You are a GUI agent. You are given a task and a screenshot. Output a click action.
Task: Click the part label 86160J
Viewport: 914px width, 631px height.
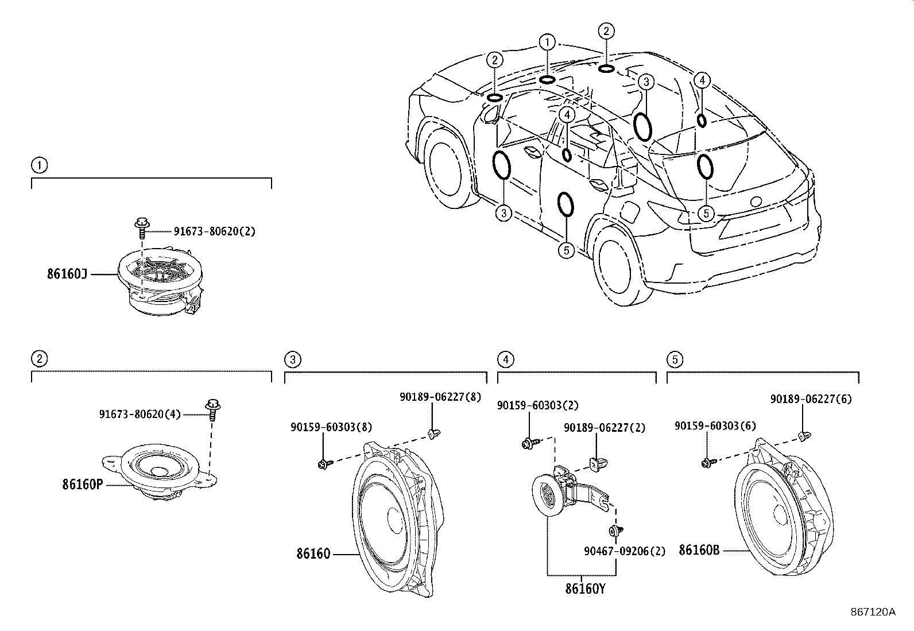pos(67,274)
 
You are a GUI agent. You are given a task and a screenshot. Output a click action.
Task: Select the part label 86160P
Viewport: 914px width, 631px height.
pos(82,485)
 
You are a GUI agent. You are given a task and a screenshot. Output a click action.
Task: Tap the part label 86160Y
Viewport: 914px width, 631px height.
pos(585,589)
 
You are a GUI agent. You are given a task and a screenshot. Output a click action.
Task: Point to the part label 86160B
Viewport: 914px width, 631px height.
pos(699,550)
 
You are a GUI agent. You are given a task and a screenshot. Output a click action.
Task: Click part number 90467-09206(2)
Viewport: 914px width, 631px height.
pos(625,551)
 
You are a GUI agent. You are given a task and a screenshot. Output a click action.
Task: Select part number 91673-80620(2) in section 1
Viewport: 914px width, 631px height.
pos(214,231)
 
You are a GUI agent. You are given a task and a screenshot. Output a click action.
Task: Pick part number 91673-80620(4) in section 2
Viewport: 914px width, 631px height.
pos(140,413)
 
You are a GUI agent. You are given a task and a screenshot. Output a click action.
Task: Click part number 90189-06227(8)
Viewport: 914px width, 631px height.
pos(440,396)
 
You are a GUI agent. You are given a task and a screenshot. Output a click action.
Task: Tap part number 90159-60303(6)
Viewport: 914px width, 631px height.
pos(715,426)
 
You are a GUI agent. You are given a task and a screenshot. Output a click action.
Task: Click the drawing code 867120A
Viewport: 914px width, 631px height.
pos(873,612)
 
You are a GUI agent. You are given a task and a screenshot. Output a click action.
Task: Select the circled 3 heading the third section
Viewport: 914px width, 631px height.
pos(292,360)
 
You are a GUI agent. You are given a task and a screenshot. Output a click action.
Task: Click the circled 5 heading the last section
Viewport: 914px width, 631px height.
pos(675,360)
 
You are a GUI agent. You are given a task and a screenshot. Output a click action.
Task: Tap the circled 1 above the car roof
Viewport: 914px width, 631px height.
pos(547,42)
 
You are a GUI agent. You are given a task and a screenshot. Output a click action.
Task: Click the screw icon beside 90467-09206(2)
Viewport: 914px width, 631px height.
pos(616,530)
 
